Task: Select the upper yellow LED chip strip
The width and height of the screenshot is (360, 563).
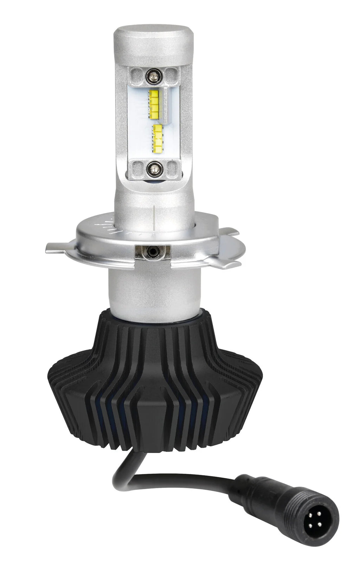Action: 155,104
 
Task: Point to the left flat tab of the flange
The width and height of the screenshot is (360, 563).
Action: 58,248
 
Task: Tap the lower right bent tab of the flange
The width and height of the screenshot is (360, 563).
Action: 225,263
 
